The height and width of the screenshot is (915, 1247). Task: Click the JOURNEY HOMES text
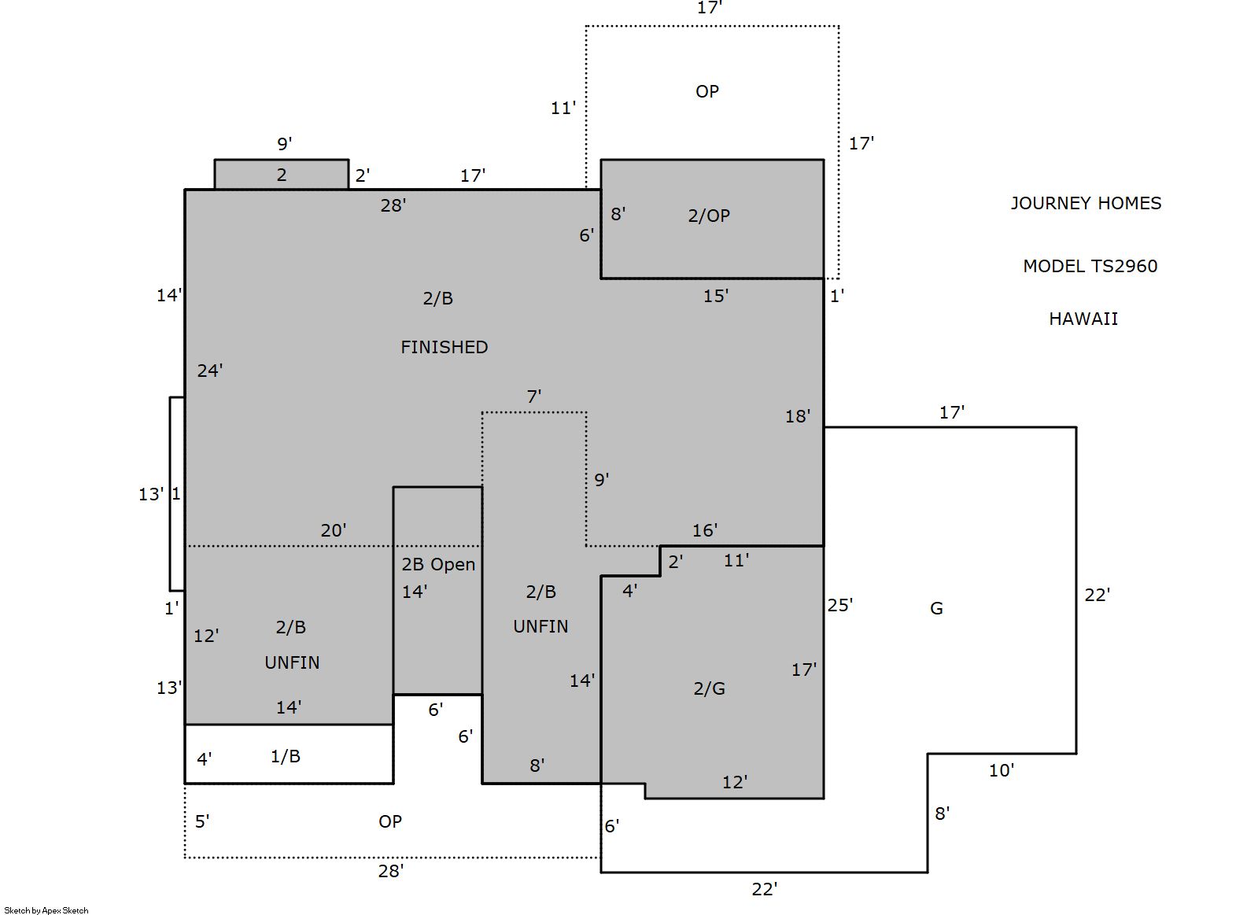[x=1086, y=203]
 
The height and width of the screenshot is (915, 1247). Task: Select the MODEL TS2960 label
[x=1090, y=266]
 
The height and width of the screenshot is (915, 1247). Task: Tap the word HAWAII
[x=1083, y=319]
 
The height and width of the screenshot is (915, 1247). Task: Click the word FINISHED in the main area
[x=445, y=347]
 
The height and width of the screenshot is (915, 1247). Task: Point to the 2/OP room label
[x=709, y=216]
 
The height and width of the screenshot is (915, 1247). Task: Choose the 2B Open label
[x=439, y=564]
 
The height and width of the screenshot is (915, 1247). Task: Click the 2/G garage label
[x=709, y=689]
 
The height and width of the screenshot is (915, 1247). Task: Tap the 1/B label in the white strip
[x=286, y=756]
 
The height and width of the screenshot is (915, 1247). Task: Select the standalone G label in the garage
[x=936, y=608]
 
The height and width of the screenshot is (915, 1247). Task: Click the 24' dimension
[x=210, y=370]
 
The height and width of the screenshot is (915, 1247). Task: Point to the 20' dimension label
[x=333, y=529]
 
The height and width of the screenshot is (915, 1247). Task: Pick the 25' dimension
[x=840, y=605]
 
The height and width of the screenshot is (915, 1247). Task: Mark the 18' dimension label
[x=798, y=416]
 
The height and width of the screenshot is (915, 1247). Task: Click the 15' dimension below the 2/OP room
[x=716, y=296]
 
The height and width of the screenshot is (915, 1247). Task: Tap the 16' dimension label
[x=705, y=529]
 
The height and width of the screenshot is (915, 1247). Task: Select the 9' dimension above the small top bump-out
[x=285, y=144]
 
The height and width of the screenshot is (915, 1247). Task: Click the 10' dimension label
[x=1002, y=770]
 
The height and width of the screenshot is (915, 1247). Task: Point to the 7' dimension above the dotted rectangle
[x=534, y=397]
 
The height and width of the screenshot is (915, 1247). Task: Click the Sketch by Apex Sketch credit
[x=46, y=910]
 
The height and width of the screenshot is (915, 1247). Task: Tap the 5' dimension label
[x=202, y=821]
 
